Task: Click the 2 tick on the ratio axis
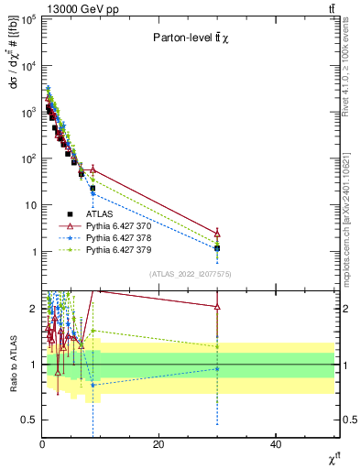(33, 309)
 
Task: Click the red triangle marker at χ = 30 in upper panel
(217, 233)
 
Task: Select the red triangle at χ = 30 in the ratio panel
(217, 306)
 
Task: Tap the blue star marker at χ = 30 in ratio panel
(217, 368)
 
